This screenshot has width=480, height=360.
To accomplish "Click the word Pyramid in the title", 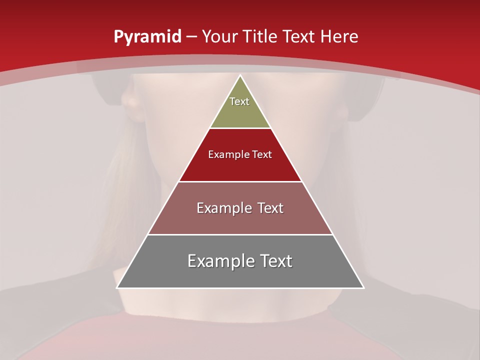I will pyautogui.click(x=147, y=36).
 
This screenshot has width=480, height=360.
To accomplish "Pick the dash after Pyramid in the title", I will pyautogui.click(x=191, y=37).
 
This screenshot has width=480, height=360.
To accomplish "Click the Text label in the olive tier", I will pyautogui.click(x=239, y=101).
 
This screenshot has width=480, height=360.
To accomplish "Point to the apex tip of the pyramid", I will pyautogui.click(x=240, y=76).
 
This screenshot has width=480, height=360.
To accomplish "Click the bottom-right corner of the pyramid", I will pyautogui.click(x=363, y=287).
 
